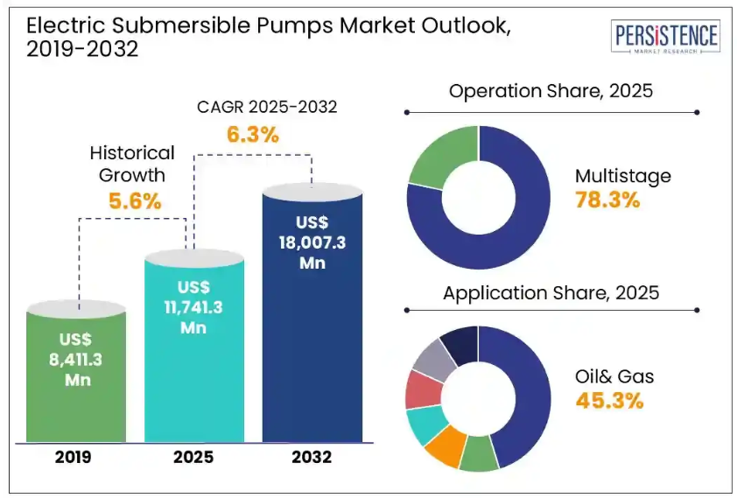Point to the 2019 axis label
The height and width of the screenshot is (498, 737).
(77, 456)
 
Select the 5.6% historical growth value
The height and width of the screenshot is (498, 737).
(135, 200)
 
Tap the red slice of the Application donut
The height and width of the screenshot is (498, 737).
(423, 390)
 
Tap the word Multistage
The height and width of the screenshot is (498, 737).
(622, 176)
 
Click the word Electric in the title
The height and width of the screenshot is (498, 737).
(60, 25)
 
